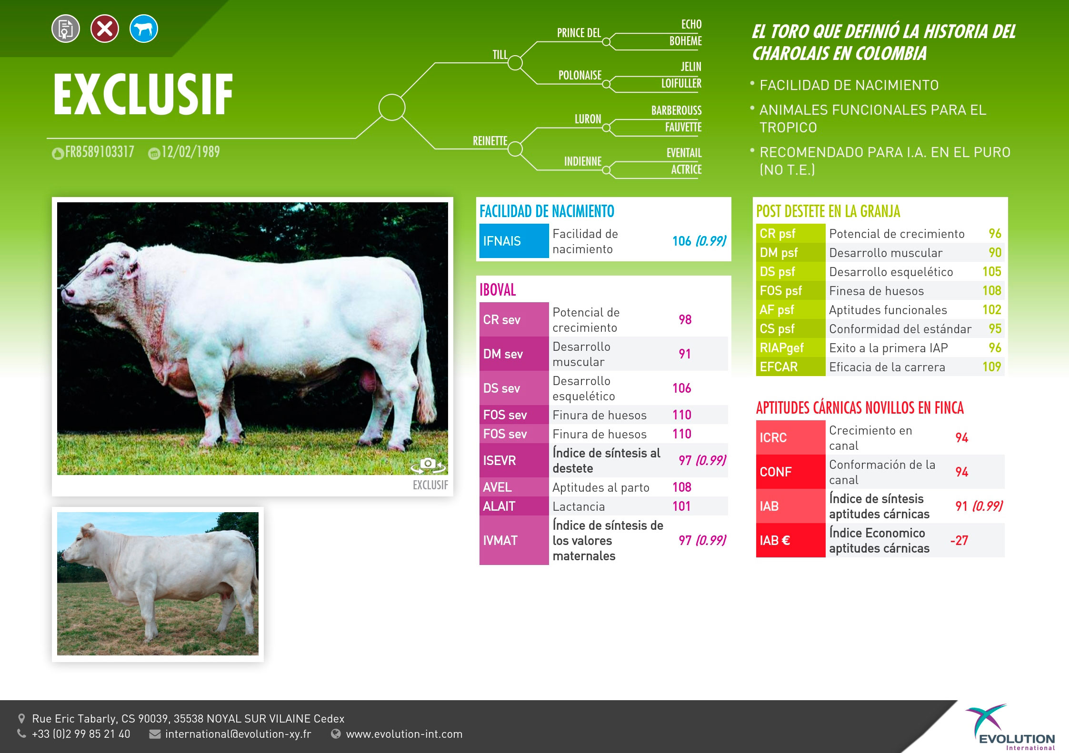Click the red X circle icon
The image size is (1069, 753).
pos(105,29)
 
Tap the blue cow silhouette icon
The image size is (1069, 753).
pos(144,29)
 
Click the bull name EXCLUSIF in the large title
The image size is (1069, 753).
pos(143,95)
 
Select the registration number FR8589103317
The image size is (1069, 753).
pos(100,152)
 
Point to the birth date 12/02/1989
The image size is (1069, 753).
pos(190,152)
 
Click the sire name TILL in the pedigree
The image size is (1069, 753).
pos(500,55)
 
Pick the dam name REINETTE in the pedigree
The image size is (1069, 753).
pos(490,141)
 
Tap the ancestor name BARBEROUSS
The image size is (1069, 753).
pos(677,110)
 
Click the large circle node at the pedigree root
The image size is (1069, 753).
pos(392,107)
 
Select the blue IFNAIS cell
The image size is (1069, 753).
pos(514,241)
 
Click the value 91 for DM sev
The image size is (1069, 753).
pos(685,354)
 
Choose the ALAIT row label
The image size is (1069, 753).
pos(499,506)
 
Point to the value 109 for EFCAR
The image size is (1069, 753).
pos(992,367)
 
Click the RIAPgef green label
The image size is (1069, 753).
pos(782,348)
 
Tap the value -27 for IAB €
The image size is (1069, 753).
pos(959,540)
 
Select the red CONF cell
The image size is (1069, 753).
pos(790,472)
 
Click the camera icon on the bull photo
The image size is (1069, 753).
pos(429,466)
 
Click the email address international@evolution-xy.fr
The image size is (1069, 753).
pos(238,734)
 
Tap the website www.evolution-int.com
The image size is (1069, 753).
pos(404,734)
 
